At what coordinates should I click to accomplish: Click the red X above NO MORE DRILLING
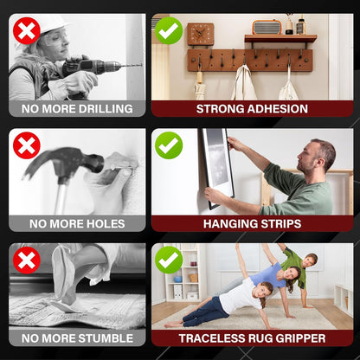(27, 31)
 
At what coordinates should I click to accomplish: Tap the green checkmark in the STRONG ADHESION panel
(169, 31)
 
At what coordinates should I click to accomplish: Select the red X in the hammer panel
(27, 145)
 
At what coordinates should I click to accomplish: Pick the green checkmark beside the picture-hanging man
(169, 145)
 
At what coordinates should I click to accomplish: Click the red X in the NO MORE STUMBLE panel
(27, 260)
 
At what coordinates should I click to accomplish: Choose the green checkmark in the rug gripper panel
(169, 260)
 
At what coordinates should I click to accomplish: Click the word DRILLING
(106, 109)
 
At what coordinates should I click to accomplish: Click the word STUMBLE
(105, 338)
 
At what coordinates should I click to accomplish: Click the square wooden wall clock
(201, 35)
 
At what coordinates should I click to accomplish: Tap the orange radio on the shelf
(267, 28)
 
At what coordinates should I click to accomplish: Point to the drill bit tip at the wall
(141, 65)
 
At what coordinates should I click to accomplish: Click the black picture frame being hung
(217, 168)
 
